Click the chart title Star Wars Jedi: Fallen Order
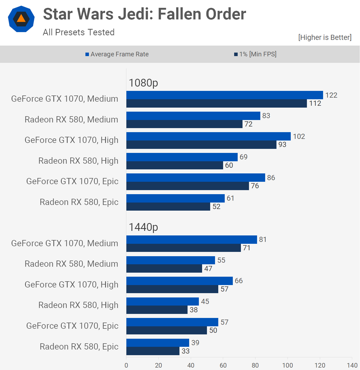[144, 14]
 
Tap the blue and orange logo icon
[21, 19]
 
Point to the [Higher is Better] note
[325, 37]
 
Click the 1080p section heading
[143, 83]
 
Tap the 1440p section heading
[143, 227]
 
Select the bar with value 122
[224, 95]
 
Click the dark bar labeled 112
[216, 104]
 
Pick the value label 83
[266, 116]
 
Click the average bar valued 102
[208, 136]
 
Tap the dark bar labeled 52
[168, 207]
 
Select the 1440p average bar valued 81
[192, 240]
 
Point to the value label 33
[186, 351]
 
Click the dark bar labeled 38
[157, 310]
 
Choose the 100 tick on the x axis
[288, 365]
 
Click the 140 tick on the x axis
[352, 365]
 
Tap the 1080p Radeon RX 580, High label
[78, 161]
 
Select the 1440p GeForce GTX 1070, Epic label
[72, 326]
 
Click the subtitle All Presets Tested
[79, 32]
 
